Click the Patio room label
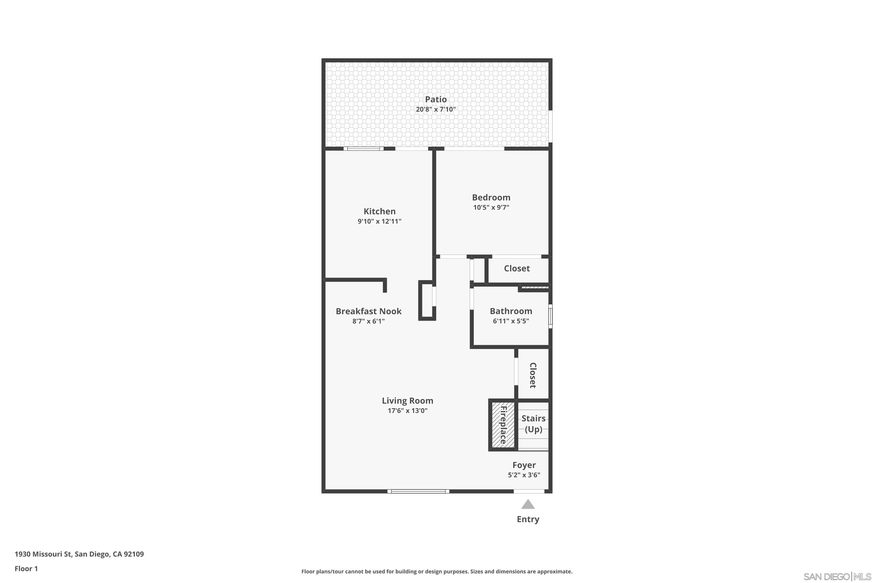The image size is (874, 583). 436,99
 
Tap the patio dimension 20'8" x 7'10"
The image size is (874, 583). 436,109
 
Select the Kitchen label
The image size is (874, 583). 379,211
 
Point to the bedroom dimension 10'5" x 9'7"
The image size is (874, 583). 491,208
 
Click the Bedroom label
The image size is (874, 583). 491,197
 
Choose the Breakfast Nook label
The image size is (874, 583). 369,311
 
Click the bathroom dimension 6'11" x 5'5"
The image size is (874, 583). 511,321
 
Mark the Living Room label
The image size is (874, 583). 408,401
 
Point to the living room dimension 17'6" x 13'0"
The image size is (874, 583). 408,411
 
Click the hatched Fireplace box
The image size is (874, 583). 503,425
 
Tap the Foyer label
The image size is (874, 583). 524,465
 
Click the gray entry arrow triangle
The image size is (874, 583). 528,505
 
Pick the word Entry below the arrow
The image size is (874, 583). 528,519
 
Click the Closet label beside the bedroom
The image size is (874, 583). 517,268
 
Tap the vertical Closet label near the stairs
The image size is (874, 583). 533,375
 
